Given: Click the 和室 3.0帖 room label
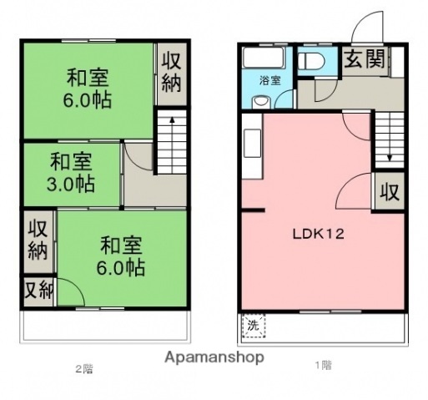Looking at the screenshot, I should (x=71, y=171).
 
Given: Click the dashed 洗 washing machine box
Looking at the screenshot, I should (x=252, y=326).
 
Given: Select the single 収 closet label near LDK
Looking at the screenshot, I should (x=390, y=191).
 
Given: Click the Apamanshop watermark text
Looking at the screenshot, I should (x=214, y=357).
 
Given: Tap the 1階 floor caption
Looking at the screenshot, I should (x=323, y=365).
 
